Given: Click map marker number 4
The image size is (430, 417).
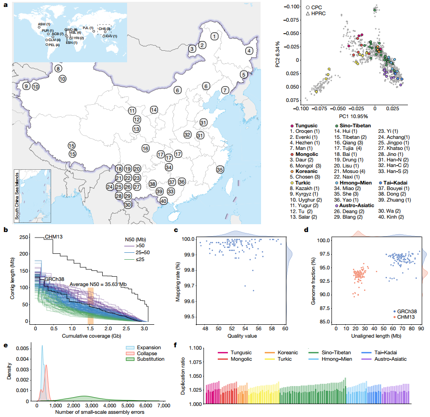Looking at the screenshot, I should coord(250,51).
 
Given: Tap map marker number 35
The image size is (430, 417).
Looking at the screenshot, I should coord(220,170).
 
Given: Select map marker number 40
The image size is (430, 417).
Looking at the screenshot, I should coord(163,201).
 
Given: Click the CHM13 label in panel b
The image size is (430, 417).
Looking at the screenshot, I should coord(54,237).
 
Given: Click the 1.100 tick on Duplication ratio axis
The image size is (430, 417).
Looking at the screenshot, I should coord(192,348).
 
